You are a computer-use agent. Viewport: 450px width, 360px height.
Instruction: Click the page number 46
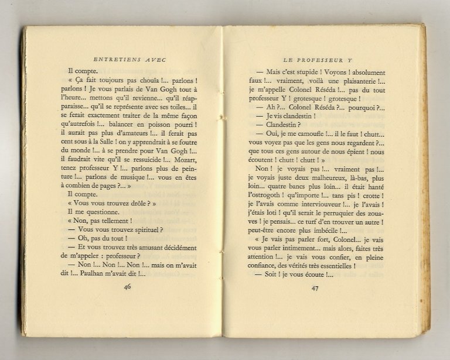point(128,286)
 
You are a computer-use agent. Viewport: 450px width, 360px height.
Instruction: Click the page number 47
point(315,287)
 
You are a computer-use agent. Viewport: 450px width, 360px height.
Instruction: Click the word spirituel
point(140,230)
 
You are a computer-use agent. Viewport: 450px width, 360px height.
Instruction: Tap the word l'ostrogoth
point(265,195)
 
